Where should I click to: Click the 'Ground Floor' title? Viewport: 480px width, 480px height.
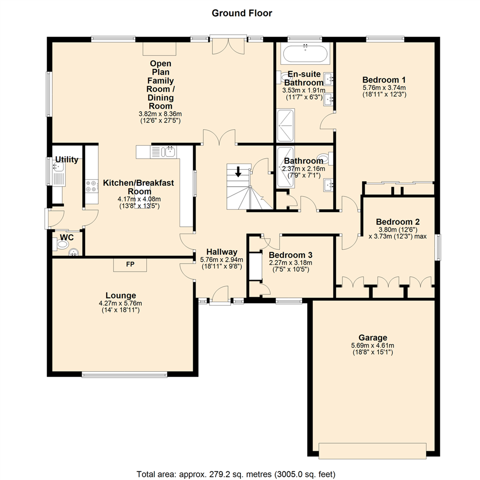241,13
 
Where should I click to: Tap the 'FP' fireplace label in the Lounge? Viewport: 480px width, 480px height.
130,264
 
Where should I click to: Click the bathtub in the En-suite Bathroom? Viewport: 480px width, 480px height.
305,53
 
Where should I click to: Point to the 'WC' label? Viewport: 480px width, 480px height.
67,238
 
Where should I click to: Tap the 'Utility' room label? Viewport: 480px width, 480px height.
67,160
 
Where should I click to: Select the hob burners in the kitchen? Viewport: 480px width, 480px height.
92,185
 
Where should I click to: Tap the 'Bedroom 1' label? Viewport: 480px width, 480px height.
384,80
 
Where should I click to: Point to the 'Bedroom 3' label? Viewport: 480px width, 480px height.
291,255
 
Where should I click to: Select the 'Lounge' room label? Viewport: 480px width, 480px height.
120,295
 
